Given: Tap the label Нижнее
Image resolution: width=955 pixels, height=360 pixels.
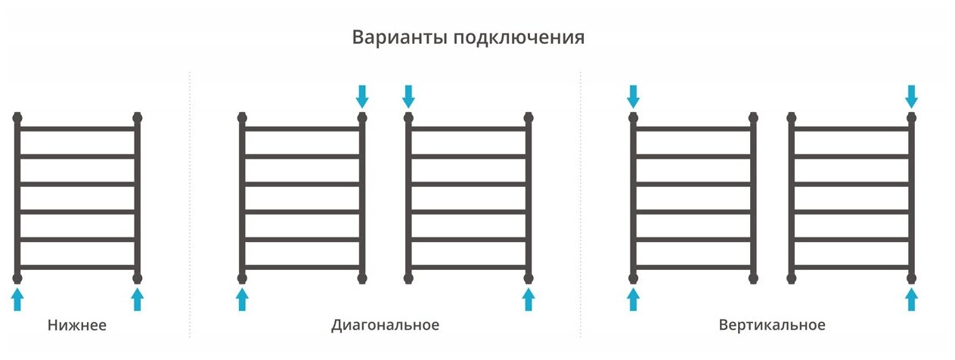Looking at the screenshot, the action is (77, 326).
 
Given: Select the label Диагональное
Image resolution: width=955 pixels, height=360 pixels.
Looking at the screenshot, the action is (385, 326).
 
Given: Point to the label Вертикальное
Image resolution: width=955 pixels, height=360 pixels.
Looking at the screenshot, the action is (771, 326).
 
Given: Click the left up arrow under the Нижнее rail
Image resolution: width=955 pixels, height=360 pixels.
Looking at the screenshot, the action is (18, 299).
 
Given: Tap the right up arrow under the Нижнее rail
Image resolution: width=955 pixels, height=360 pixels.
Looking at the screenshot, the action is (137, 299).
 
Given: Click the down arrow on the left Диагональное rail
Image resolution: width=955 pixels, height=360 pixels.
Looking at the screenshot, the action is (362, 96).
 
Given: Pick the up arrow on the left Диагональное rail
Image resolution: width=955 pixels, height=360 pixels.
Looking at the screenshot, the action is (242, 299).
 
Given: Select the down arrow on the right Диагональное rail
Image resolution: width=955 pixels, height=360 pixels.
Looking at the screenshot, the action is (408, 96).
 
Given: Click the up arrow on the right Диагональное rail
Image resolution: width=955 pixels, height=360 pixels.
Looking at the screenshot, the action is (529, 299).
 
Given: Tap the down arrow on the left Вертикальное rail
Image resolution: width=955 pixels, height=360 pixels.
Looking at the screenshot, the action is (634, 96).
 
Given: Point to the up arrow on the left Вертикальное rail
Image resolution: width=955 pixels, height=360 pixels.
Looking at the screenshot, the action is (634, 299).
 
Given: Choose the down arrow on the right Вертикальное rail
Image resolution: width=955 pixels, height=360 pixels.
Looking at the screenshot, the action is (911, 96).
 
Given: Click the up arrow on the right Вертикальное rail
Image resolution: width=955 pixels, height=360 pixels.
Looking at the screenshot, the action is (911, 299).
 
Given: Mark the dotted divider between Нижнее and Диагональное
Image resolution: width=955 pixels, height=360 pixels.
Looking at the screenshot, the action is (189, 204).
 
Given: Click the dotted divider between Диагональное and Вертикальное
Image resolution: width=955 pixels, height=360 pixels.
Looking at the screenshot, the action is (581, 204).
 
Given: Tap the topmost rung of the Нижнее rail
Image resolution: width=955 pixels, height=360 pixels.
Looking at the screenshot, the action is (77, 129).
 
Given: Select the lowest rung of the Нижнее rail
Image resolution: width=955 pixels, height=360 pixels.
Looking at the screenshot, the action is (77, 267).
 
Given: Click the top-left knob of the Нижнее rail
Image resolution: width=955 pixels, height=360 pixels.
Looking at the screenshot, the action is (18, 118).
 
